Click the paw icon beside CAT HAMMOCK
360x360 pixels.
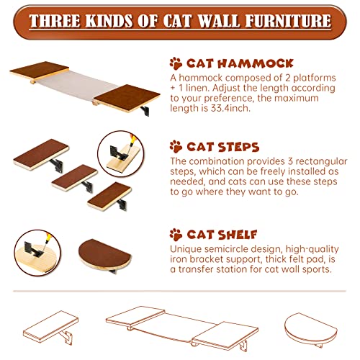click(x=176, y=63)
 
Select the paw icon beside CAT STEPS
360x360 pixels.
click(x=176, y=147)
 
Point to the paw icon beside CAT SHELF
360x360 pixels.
click(x=176, y=235)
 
